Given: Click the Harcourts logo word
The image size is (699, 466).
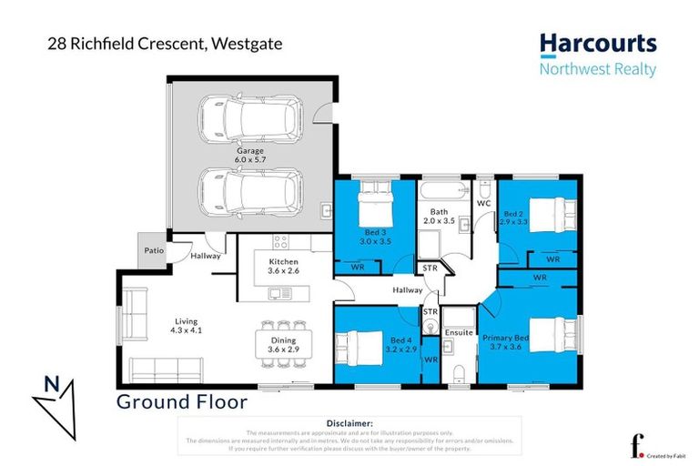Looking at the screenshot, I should tap(597, 44).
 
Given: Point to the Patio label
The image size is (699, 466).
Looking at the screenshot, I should tap(149, 250).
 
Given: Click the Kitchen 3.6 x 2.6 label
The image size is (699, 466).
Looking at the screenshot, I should tap(283, 267).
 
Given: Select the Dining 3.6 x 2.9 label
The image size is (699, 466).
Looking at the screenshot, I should tap(282, 345).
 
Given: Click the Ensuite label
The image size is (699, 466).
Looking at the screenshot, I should tap(457, 333).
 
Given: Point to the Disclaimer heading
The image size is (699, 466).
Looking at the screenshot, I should tap(349, 423).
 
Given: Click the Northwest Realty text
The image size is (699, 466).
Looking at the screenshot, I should tap(597, 70).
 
